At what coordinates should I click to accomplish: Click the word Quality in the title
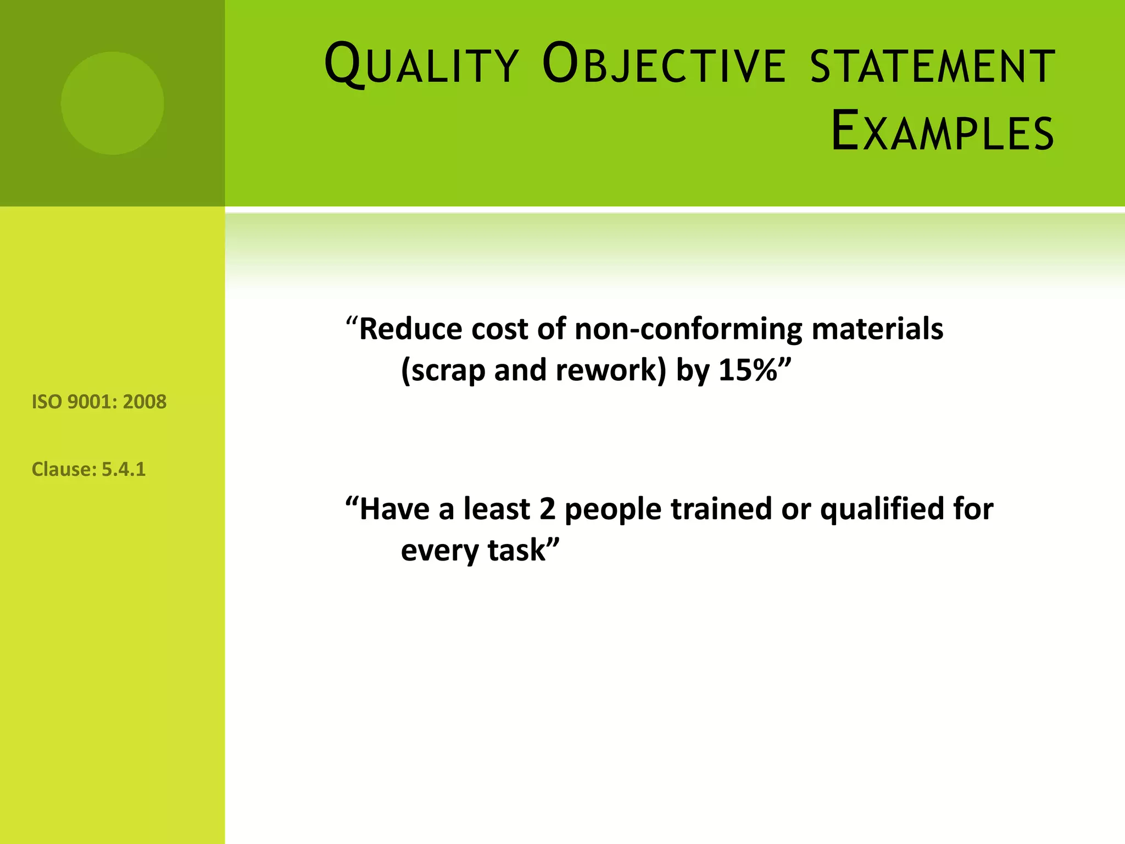(421, 65)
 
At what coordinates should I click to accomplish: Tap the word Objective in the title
(664, 65)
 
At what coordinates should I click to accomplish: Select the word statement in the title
(932, 66)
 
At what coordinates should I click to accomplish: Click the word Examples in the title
(942, 132)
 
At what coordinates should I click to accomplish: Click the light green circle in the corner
(112, 103)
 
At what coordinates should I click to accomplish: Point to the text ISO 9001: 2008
(99, 402)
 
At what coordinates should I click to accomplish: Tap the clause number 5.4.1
(124, 469)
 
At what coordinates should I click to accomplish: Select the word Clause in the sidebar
(64, 469)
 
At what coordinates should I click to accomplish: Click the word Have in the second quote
(394, 509)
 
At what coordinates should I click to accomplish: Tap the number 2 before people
(547, 509)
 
